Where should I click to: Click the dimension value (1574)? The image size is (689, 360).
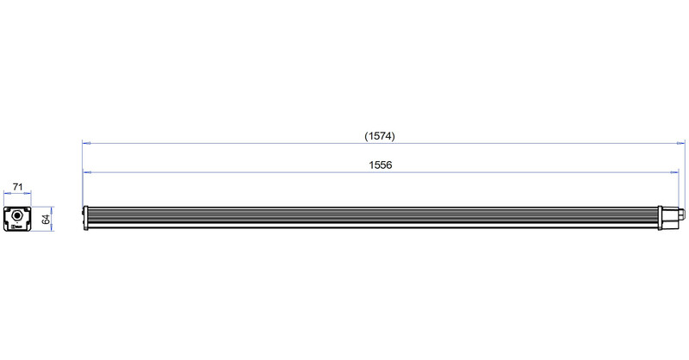tap(380, 136)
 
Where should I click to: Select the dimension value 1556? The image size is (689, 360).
tap(381, 164)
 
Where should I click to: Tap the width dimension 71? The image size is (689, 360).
tap(17, 187)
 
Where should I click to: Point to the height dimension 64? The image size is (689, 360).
tap(46, 220)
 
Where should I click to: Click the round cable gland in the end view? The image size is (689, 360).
tap(17, 216)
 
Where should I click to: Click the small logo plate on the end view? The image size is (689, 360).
tap(17, 227)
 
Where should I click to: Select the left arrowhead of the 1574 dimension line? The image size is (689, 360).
tap(85, 143)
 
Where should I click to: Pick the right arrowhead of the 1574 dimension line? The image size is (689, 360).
tap(681, 143)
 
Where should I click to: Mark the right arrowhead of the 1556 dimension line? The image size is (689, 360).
tap(674, 172)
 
